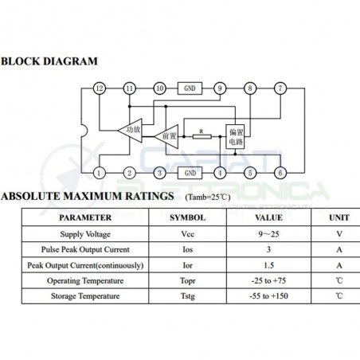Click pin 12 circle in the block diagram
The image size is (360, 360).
point(100,88)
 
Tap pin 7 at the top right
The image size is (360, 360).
point(280,88)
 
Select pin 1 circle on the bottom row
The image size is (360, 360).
point(100,173)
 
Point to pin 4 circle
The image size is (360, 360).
point(220,173)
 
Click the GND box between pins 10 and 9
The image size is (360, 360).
point(190,88)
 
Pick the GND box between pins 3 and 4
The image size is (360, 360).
point(190,173)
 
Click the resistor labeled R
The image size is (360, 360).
point(202,136)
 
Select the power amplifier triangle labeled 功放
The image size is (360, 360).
point(131,131)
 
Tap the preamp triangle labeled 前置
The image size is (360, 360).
point(166,136)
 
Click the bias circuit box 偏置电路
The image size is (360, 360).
point(235,136)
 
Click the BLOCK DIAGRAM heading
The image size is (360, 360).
point(49,61)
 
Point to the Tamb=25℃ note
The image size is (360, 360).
point(208,198)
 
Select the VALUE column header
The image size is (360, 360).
point(268,217)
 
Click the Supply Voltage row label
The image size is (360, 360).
point(85,234)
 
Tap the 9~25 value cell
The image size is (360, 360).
point(268,234)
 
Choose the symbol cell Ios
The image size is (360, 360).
point(188,249)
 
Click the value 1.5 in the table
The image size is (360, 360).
point(268,265)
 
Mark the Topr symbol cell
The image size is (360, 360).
point(188,281)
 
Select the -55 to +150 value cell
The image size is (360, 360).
point(268,296)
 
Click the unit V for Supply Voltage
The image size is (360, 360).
point(339,234)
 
